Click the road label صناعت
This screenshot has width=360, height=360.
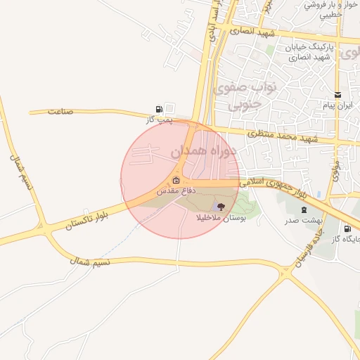pyautogui.click(x=60, y=112)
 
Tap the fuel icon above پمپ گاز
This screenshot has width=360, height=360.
pyautogui.click(x=160, y=109)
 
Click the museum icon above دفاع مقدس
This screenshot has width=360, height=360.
pyautogui.click(x=175, y=181)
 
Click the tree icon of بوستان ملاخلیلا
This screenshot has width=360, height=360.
pyautogui.click(x=221, y=206)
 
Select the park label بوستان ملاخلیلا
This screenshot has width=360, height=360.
pyautogui.click(x=221, y=217)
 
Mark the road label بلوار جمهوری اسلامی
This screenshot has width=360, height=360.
pyautogui.click(x=281, y=186)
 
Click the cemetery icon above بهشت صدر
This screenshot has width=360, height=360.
pyautogui.click(x=304, y=210)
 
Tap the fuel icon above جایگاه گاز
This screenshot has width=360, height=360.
pyautogui.click(x=347, y=229)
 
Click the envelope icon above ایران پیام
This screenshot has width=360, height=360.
pyautogui.click(x=338, y=95)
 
